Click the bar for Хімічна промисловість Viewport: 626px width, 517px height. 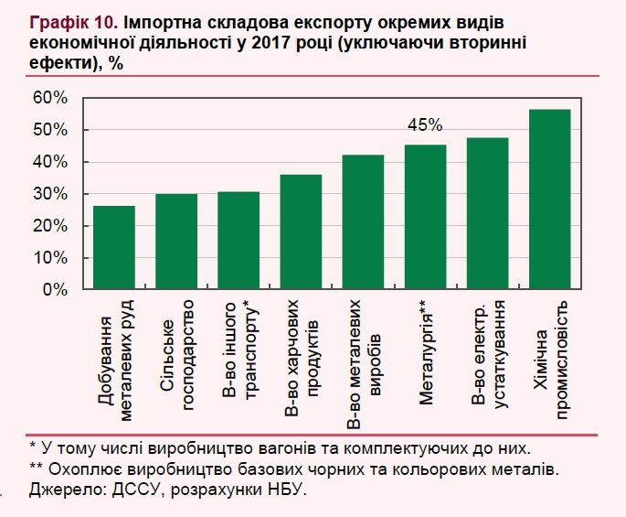(550, 199)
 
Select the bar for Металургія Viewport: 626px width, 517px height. (426, 217)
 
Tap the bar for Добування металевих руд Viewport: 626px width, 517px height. (114, 247)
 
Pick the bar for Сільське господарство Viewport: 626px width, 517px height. (176, 242)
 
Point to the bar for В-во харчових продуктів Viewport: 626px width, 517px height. (301, 232)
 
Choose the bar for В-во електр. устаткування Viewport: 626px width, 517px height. (488, 213)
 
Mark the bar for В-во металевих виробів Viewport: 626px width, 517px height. (363, 222)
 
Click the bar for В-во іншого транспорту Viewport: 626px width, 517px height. (239, 240)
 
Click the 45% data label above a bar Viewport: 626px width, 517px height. (426, 125)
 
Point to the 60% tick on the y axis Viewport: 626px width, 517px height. (51, 98)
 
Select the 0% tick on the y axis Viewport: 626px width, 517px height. (56, 290)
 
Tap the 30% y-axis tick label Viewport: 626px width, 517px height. (51, 194)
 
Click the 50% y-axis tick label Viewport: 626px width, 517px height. (51, 130)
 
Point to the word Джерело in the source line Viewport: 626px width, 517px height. (60, 491)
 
